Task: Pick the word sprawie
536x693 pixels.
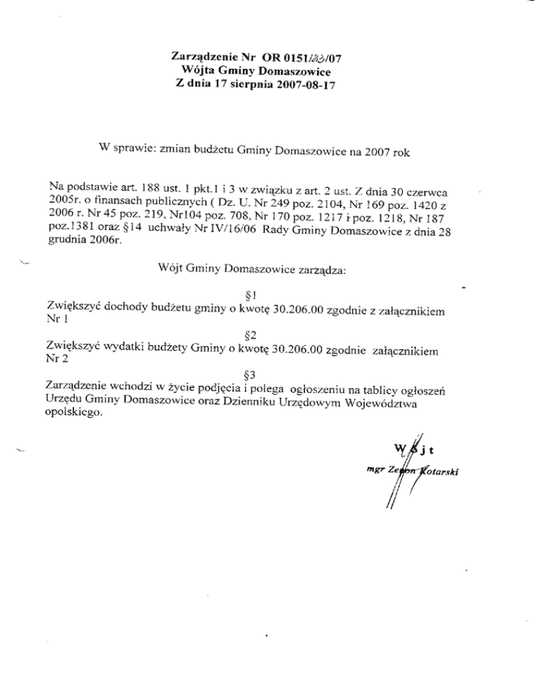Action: click(134, 149)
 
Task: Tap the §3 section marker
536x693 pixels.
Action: click(244, 372)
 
